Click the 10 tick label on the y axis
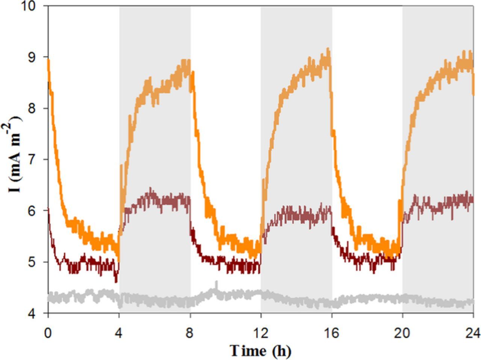coord(35,6)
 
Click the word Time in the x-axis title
coord(248,351)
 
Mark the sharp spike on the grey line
coord(216,283)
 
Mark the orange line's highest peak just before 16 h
coord(328,49)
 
